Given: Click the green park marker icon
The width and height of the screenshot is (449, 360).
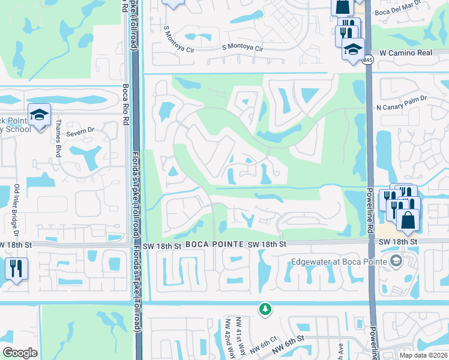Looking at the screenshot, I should point(264,309).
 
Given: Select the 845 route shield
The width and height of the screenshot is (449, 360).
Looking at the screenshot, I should point(368,60).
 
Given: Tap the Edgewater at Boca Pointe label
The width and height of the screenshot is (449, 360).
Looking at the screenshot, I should point(339,261).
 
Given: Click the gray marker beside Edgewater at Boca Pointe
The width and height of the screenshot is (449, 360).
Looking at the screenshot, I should point(396,260).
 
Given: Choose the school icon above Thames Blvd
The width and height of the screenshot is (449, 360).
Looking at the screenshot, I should point(39,115).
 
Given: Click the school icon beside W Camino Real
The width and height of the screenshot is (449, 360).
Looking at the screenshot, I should point(353,49).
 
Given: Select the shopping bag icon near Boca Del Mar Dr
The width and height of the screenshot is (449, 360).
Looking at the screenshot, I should point(342,7).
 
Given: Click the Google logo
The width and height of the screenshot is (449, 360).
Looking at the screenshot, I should point(20,353).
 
